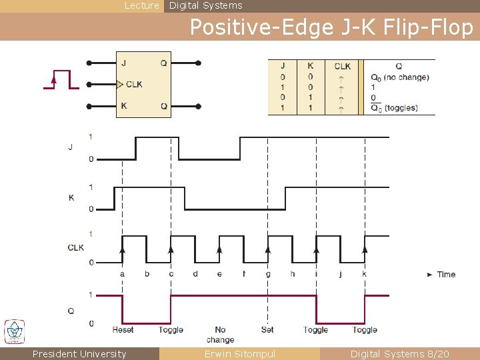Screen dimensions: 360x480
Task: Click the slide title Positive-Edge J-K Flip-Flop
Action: (x=331, y=27)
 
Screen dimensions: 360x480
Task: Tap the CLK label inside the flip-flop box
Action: (x=134, y=85)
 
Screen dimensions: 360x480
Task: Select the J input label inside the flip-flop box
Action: (x=124, y=63)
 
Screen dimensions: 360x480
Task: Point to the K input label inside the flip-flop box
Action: (x=124, y=106)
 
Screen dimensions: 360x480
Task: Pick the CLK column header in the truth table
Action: (x=342, y=66)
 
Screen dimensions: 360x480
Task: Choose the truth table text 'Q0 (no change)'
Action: (x=399, y=77)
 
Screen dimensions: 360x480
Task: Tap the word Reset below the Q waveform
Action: (x=123, y=330)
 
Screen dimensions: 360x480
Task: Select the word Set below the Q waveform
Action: (x=267, y=330)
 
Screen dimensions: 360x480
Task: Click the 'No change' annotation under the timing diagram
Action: (x=220, y=335)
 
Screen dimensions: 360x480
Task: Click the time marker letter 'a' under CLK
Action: (x=122, y=274)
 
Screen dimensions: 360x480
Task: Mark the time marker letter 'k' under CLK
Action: (x=364, y=274)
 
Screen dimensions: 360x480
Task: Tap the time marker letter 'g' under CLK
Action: (x=268, y=274)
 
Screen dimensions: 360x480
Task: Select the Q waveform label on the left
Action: (x=71, y=310)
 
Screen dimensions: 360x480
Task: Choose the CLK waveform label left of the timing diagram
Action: (x=76, y=247)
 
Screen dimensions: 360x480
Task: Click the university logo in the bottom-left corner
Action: (x=14, y=332)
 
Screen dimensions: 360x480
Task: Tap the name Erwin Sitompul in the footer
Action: (x=239, y=354)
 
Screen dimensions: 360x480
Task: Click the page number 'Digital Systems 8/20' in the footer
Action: (x=399, y=354)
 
